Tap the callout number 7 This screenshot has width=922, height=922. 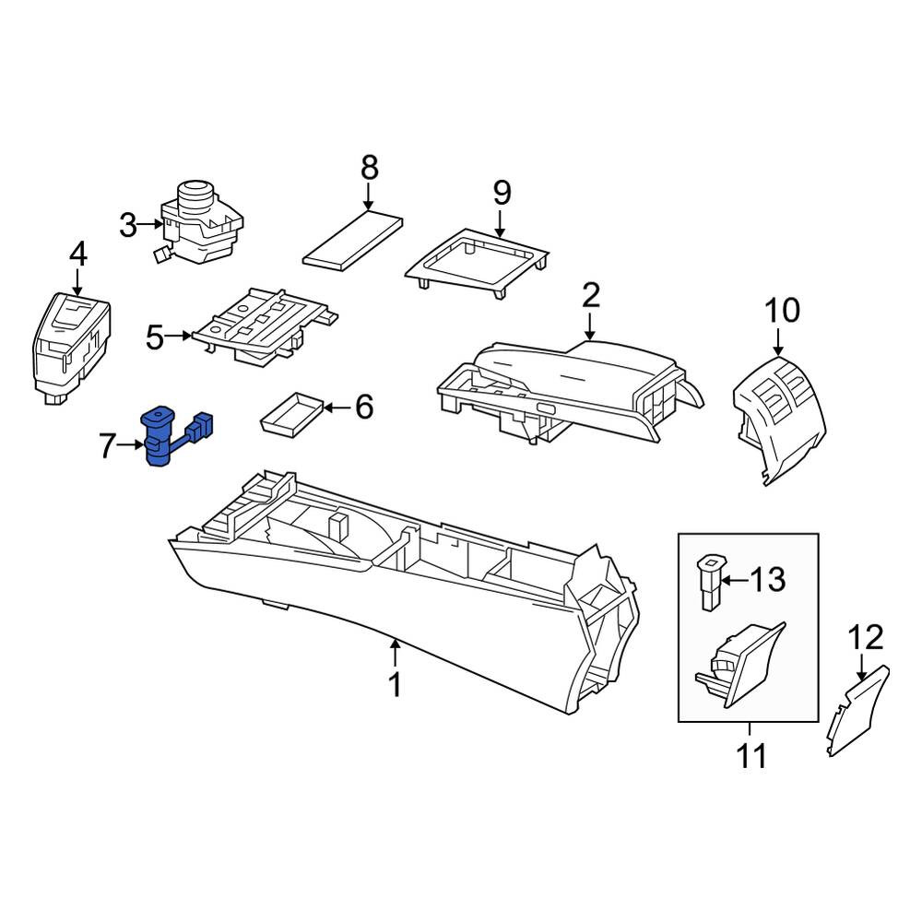click(x=106, y=445)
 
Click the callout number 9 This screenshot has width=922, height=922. click(x=502, y=193)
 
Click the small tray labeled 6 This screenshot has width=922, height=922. click(x=292, y=416)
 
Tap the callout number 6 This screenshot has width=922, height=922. click(x=364, y=407)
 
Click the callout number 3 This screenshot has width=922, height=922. click(x=127, y=225)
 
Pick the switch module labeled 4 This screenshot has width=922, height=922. click(x=70, y=346)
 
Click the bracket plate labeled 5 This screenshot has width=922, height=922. click(x=267, y=325)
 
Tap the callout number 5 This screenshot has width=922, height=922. click(x=155, y=337)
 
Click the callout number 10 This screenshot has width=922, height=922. click(x=783, y=310)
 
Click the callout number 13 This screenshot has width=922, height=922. click(x=767, y=580)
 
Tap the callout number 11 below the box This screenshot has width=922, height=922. click(x=751, y=756)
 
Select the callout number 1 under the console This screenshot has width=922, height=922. click(x=396, y=684)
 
